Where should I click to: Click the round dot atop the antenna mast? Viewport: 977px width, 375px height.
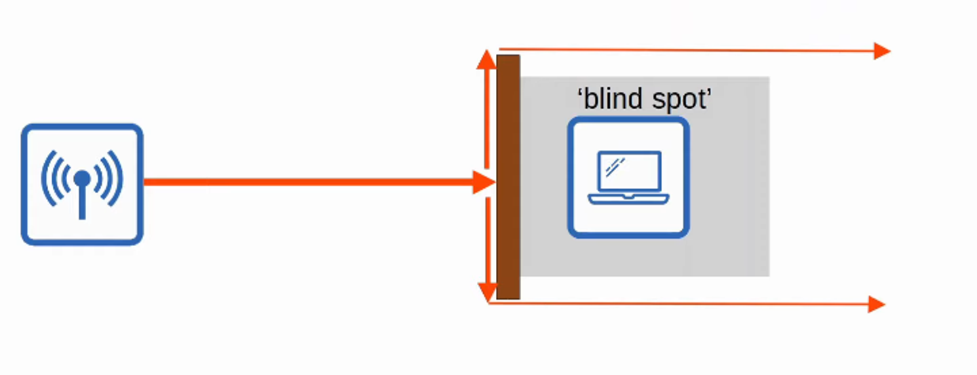tap(82, 178)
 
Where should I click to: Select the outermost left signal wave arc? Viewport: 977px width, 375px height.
tap(46, 178)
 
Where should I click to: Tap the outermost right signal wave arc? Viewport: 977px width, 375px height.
tap(118, 178)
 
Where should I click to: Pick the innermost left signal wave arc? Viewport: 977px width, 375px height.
tap(65, 178)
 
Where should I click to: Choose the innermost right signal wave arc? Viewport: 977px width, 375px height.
tap(99, 178)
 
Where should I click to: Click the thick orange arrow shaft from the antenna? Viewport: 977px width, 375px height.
tap(305, 182)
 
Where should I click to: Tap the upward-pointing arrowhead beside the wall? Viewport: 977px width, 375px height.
tap(486, 60)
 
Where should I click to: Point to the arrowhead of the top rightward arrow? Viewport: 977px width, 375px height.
tap(881, 51)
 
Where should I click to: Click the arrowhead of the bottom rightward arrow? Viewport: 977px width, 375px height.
tap(877, 304)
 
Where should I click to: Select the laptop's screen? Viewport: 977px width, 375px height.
tap(629, 172)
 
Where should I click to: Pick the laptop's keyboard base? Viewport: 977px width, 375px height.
tap(628, 199)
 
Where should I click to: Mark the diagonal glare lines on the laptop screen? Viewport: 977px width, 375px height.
tap(615, 166)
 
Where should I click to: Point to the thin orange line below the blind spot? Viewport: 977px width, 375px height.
tap(678, 304)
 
